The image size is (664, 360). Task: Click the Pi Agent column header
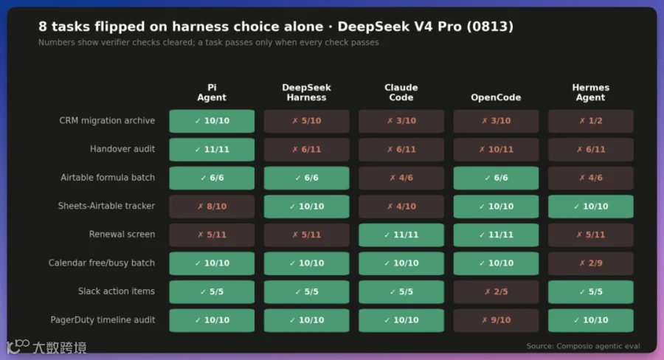click(212, 92)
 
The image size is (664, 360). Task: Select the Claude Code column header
click(401, 92)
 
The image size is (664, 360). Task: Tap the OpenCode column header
click(496, 97)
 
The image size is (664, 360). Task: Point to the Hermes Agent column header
click(591, 92)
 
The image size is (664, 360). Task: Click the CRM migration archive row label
click(107, 121)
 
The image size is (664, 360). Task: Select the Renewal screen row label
click(122, 234)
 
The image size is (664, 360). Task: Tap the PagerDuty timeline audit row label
click(103, 319)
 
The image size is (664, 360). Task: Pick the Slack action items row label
click(117, 291)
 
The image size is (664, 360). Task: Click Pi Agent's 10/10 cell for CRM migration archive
click(212, 121)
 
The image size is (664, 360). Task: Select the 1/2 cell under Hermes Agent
click(591, 121)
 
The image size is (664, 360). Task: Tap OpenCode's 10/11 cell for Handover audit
click(496, 150)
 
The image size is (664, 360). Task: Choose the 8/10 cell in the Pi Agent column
click(212, 207)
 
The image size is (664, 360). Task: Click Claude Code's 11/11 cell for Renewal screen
click(401, 235)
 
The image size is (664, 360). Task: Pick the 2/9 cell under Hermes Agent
click(591, 263)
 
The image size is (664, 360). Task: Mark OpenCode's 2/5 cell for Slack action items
click(496, 291)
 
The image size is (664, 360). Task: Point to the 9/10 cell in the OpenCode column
click(496, 320)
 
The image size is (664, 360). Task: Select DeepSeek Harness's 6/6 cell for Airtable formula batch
click(307, 178)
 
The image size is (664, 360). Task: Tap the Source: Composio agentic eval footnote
click(583, 346)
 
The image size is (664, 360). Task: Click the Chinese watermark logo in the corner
click(46, 347)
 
